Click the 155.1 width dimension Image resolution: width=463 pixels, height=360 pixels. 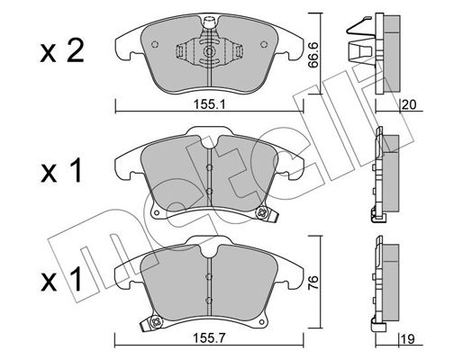tap(209, 104)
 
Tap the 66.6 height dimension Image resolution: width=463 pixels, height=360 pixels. tap(313, 55)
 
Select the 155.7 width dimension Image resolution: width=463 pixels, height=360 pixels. tap(209, 338)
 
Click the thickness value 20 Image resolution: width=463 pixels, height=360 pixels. tap(409, 105)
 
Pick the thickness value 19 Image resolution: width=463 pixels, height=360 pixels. tap(408, 339)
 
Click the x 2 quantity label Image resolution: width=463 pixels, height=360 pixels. tap(62, 51)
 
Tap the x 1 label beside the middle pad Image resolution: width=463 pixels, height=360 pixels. tap(61, 171)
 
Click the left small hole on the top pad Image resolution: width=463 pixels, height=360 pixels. tap(155, 44)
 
